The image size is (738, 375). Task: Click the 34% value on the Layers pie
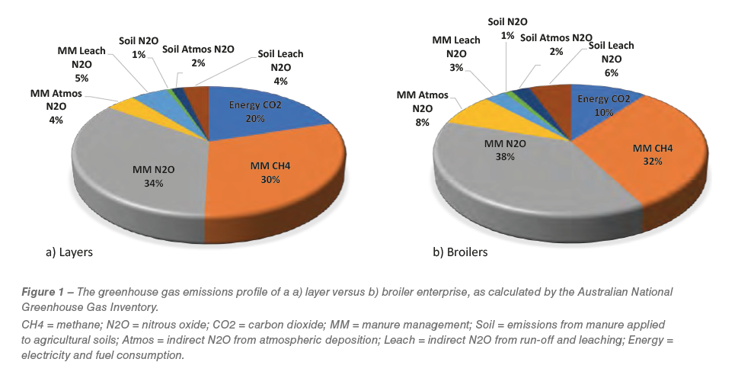(154, 184)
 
